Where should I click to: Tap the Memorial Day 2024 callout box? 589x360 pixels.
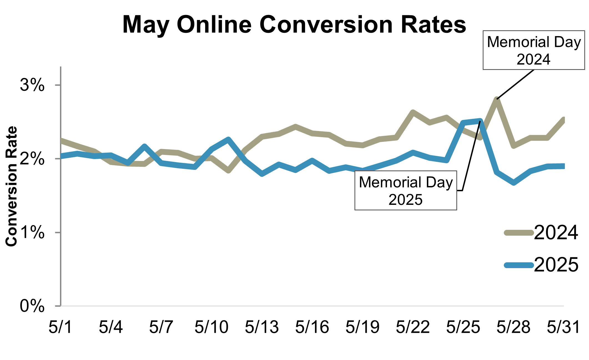533,50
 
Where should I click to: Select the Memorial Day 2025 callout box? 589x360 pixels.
406,190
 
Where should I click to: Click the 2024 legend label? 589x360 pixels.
556,232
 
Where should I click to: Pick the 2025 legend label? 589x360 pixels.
556,265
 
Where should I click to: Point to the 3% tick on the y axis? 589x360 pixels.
32,85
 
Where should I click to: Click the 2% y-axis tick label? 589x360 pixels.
32,159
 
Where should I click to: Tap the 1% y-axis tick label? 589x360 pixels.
32,233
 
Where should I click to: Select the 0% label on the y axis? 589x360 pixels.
32,306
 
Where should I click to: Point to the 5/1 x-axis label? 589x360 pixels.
61,327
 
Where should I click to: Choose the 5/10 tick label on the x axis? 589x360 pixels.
212,327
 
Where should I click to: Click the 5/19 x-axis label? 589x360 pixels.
363,327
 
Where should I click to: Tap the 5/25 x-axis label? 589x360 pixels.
463,327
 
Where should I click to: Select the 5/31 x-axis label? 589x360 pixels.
563,327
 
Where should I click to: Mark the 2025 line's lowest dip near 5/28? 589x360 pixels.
514,183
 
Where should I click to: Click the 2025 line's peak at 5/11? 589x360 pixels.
228,139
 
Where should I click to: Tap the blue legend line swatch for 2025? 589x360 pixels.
518,265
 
